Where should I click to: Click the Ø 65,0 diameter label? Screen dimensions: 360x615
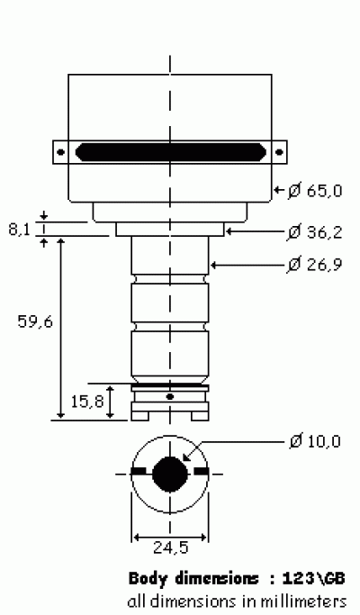tap(315, 191)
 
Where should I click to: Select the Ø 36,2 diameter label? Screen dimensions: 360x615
tap(315, 232)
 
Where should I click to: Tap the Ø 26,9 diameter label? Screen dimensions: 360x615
tap(315, 265)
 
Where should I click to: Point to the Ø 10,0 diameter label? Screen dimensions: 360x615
tap(315, 441)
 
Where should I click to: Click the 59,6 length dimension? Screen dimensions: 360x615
tap(35, 322)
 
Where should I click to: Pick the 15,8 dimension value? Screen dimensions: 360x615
tap(87, 402)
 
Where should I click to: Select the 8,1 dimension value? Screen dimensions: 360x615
tap(19, 229)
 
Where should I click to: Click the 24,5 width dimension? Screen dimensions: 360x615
tap(170, 547)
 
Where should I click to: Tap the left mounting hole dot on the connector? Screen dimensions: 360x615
tap(61, 152)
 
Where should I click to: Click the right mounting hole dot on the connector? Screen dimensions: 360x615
tap(279, 152)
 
